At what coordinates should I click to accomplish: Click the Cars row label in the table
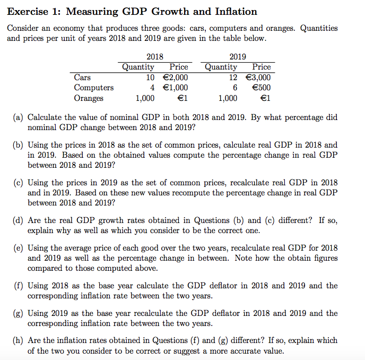(x=82, y=78)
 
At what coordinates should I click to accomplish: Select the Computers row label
(x=94, y=88)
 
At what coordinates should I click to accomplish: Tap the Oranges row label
(x=89, y=98)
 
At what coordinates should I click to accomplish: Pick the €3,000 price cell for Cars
(x=257, y=78)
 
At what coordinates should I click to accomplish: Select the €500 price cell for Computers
(x=261, y=88)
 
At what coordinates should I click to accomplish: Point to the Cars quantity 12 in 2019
(x=232, y=78)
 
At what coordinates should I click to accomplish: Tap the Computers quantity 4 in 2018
(x=152, y=88)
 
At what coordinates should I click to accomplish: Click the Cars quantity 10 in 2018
(x=150, y=78)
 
